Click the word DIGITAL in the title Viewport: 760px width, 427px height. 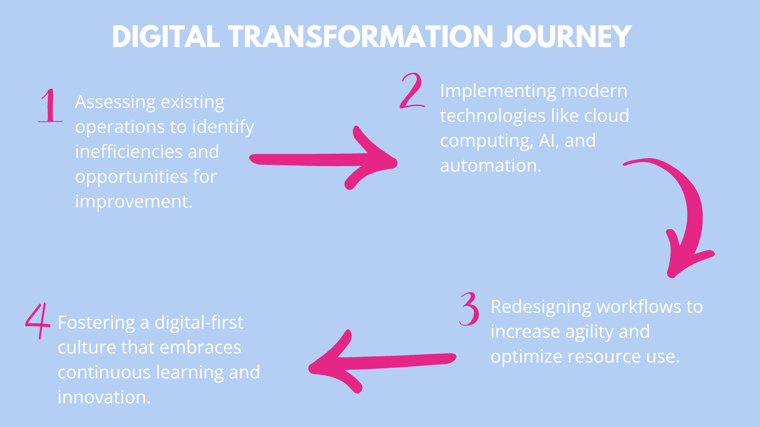pos(165,37)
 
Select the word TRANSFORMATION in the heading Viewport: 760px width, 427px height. pos(360,37)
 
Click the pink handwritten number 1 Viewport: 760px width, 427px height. pos(50,105)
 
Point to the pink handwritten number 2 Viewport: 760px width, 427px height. pos(412,91)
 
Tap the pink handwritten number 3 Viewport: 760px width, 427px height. pos(469,309)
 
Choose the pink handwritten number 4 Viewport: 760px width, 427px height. pos(38,321)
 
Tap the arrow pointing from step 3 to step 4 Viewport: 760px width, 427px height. pos(382,361)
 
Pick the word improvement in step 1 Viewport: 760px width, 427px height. pos(133,202)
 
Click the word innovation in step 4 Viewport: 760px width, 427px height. pos(104,397)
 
